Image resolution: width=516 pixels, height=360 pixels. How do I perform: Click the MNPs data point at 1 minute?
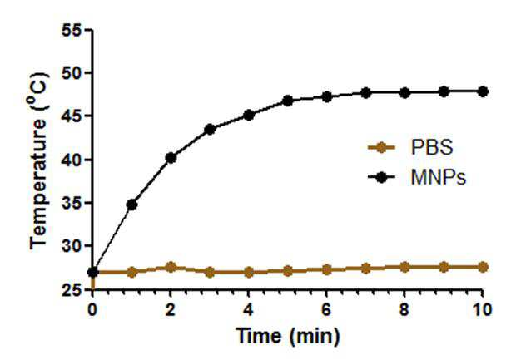tap(131, 205)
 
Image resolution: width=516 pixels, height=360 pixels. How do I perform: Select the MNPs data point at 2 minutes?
tap(171, 158)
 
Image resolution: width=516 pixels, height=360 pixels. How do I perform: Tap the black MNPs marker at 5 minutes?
tap(288, 101)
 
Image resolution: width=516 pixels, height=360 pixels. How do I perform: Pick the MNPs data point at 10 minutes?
tap(483, 91)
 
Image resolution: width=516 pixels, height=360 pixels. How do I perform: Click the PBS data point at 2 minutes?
tap(171, 267)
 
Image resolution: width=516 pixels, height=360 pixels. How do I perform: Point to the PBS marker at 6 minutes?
tap(326, 270)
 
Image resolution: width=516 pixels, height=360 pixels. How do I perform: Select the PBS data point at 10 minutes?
tap(483, 267)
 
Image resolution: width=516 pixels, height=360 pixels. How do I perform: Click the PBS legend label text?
tap(431, 148)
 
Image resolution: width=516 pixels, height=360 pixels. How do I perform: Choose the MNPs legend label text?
tap(439, 178)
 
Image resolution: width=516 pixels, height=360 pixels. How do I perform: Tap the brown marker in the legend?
tap(381, 148)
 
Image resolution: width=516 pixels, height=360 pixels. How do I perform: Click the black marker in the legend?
tap(381, 178)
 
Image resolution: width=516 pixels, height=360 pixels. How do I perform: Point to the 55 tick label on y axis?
tap(71, 30)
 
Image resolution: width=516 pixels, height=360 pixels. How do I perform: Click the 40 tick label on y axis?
tap(71, 160)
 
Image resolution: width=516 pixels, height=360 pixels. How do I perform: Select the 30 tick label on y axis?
tap(71, 246)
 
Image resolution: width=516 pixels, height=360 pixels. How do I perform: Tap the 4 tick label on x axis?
tap(249, 309)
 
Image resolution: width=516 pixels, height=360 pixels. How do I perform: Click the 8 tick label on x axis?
tap(404, 309)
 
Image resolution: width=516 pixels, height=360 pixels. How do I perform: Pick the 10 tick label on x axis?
tap(483, 309)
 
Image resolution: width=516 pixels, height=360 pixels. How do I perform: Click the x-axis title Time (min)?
tap(288, 337)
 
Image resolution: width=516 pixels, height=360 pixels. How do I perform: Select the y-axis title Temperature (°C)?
tap(38, 160)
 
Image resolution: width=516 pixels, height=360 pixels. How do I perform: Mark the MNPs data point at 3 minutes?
tap(210, 130)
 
